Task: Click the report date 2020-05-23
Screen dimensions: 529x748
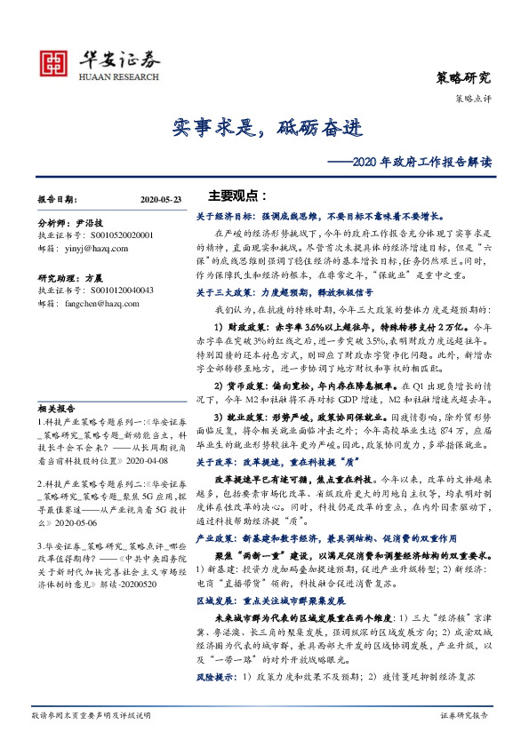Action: (160, 201)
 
